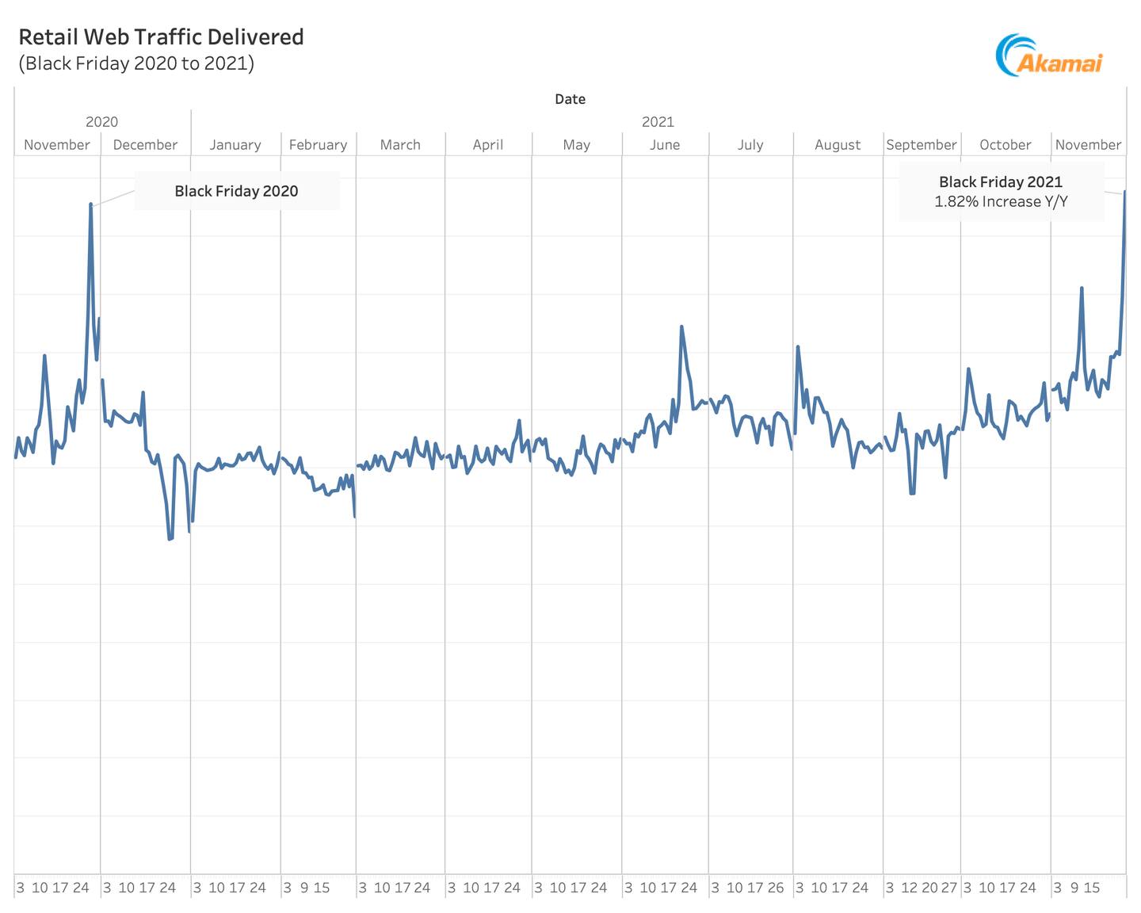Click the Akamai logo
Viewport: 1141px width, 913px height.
click(x=1048, y=55)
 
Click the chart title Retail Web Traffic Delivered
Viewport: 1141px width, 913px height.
click(x=161, y=37)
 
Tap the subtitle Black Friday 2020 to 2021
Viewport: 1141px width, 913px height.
click(x=136, y=63)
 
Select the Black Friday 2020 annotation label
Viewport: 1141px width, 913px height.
click(x=236, y=191)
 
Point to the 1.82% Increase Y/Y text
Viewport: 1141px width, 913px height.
click(x=1001, y=201)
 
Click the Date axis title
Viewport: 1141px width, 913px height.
click(x=570, y=99)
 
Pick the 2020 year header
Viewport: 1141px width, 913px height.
click(x=101, y=122)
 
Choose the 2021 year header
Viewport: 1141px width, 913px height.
click(x=658, y=122)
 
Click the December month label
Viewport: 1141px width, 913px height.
click(x=145, y=145)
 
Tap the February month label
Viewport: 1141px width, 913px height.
click(x=318, y=145)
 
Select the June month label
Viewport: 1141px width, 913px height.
click(x=664, y=145)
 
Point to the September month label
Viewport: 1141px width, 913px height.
click(x=921, y=145)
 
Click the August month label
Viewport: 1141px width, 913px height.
click(x=837, y=145)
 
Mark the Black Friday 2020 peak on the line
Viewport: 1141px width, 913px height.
click(x=91, y=204)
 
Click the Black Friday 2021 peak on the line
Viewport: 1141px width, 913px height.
click(x=1124, y=192)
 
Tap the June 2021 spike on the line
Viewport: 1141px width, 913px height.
click(x=681, y=327)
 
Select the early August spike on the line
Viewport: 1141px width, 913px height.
click(x=798, y=346)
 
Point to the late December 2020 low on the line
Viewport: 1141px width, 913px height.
click(x=170, y=539)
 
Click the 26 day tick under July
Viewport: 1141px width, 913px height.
click(x=775, y=888)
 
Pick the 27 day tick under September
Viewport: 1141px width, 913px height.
click(x=949, y=888)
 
